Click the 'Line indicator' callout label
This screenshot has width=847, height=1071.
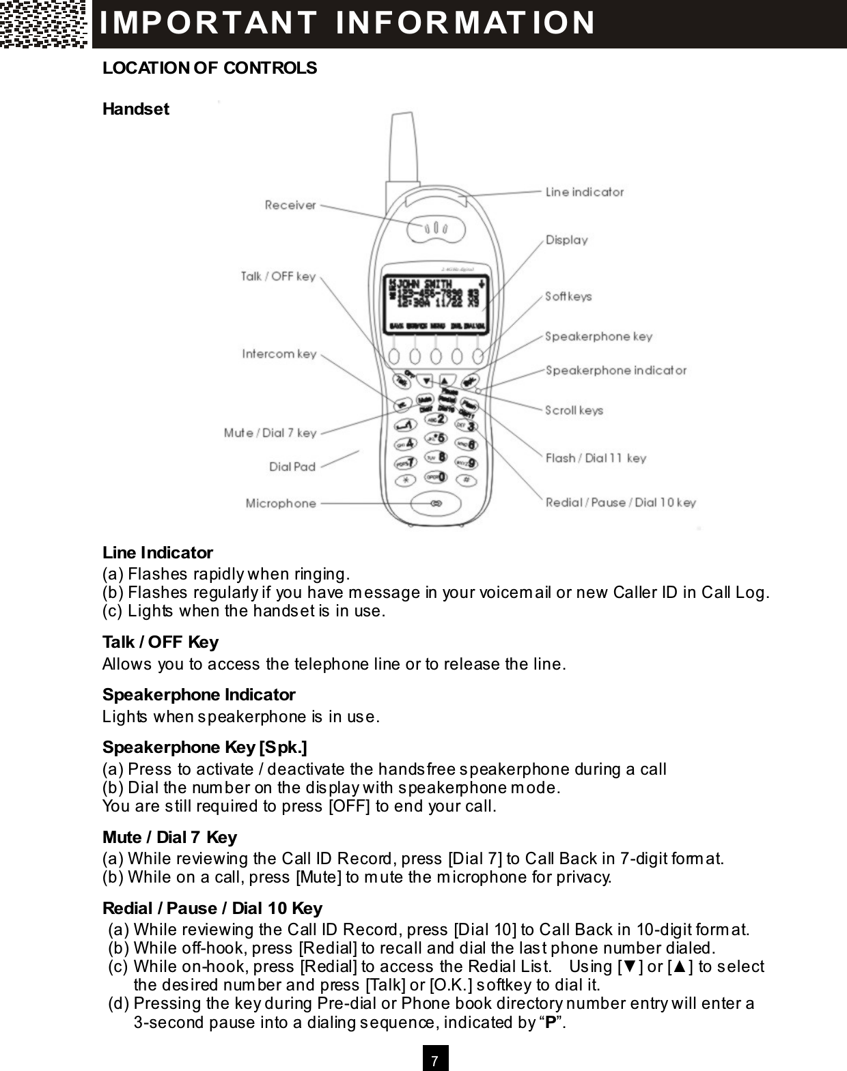pyautogui.click(x=584, y=192)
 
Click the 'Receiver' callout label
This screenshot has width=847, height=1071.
pyautogui.click(x=290, y=205)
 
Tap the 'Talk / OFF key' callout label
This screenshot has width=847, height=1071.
pyautogui.click(x=278, y=276)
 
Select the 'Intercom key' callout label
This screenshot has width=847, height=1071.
pyautogui.click(x=279, y=354)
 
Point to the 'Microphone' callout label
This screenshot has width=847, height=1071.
pyautogui.click(x=281, y=503)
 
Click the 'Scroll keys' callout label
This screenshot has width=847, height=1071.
pyautogui.click(x=574, y=410)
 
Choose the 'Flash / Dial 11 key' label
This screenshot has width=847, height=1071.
pyautogui.click(x=596, y=458)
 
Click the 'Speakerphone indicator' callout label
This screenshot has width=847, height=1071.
pyautogui.click(x=615, y=371)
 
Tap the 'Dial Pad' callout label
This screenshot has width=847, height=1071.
pyautogui.click(x=292, y=467)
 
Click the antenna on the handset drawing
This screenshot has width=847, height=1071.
pyautogui.click(x=401, y=150)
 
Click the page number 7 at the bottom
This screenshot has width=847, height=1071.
pyautogui.click(x=436, y=1060)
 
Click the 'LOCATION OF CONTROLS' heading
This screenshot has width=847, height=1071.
pyautogui.click(x=210, y=68)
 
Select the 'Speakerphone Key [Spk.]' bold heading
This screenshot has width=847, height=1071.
pyautogui.click(x=204, y=747)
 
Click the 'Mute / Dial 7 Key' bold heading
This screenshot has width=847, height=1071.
pyautogui.click(x=169, y=838)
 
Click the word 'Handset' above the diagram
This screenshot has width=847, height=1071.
pyautogui.click(x=135, y=109)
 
